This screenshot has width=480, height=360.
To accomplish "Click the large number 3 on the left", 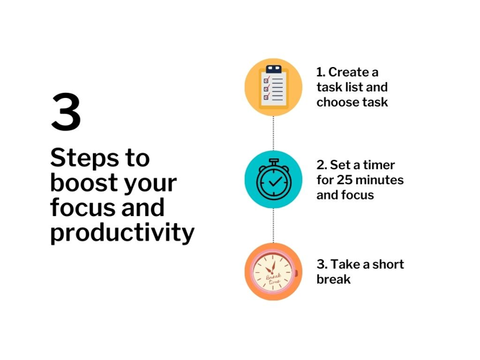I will click(65, 113).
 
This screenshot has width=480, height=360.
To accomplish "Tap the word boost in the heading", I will click(83, 184).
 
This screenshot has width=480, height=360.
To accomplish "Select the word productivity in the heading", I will click(122, 233).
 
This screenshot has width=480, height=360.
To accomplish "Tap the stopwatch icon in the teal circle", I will click(273, 179).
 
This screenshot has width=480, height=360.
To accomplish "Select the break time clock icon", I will click(273, 271).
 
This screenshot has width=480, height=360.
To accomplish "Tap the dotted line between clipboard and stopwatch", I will click(273, 133).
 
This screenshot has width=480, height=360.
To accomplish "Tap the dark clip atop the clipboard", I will click(273, 69).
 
